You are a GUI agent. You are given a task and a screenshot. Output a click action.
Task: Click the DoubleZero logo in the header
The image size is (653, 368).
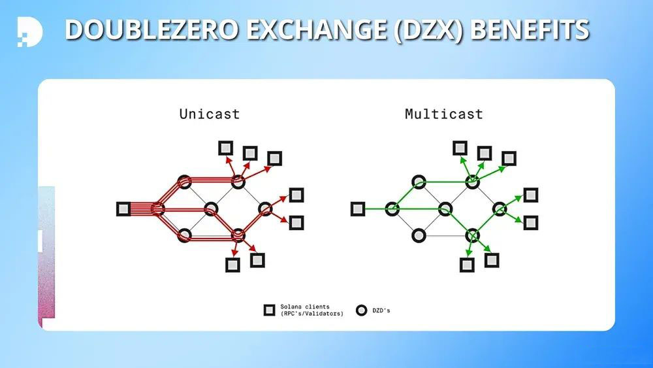(30, 31)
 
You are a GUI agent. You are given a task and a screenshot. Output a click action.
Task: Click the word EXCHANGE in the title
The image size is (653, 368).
(317, 30)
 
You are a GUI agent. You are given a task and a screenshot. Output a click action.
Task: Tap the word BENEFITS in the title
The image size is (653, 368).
(530, 30)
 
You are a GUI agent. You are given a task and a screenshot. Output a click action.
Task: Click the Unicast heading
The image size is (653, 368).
(210, 114)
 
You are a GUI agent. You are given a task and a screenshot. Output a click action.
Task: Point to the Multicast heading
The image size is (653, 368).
(444, 114)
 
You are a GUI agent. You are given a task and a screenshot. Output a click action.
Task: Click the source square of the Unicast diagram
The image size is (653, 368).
(123, 209)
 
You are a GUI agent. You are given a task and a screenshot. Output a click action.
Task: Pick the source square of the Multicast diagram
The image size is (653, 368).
(358, 209)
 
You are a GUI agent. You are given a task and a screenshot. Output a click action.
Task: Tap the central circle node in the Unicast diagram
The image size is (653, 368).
(211, 209)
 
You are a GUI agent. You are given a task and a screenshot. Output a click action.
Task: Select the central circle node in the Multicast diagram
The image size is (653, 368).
(445, 209)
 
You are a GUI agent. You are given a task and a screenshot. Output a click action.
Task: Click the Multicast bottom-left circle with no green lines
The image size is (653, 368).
(419, 235)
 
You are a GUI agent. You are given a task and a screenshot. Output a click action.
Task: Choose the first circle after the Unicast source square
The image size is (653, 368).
(158, 209)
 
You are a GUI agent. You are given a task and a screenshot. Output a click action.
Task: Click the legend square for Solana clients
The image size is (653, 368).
(270, 310)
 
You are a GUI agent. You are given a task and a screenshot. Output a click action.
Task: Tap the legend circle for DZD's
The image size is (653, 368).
(362, 310)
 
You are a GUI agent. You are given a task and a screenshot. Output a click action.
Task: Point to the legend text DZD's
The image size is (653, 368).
(381, 310)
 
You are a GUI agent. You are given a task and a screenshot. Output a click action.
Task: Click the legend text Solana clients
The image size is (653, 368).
(305, 307)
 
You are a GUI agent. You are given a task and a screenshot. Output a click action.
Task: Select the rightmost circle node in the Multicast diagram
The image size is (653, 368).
(500, 209)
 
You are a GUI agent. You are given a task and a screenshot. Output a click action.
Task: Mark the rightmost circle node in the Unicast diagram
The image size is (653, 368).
(265, 209)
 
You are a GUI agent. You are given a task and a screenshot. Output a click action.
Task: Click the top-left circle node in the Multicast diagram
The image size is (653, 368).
(419, 182)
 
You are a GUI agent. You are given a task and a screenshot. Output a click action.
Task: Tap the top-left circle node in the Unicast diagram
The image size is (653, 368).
(185, 182)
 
